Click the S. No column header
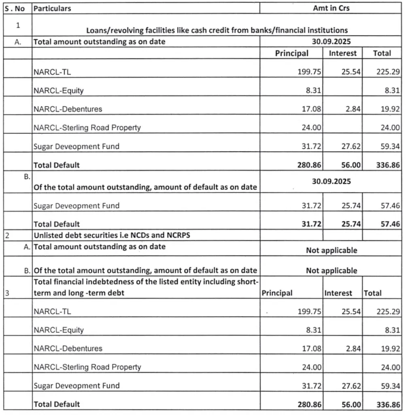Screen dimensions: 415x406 [x=17, y=8]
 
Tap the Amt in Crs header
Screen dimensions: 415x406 [x=331, y=8]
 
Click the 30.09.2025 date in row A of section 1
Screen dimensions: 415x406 [x=331, y=41]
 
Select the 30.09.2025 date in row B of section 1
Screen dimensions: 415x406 [x=331, y=181]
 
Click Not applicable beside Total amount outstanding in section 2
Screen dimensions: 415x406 [x=331, y=250]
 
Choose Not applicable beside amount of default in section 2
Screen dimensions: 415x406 [x=331, y=271]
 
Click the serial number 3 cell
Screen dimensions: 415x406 [x=8, y=293]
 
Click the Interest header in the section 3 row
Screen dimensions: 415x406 [x=338, y=293]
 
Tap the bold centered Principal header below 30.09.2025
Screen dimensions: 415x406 [x=291, y=53]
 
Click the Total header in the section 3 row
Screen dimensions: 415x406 [x=372, y=293]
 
